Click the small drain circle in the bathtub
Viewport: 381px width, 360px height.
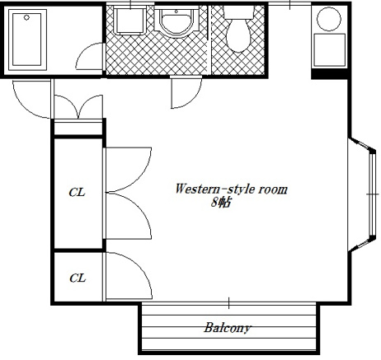[x=26, y=17]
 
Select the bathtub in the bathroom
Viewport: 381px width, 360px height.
[x=27, y=40]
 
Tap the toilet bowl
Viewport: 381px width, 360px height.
[x=238, y=35]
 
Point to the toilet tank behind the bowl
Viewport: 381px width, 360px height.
[x=238, y=12]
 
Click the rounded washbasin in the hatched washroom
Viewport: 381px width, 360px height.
[x=176, y=22]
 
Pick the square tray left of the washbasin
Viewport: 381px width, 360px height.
[x=129, y=21]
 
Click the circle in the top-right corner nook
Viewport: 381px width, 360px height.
[x=329, y=19]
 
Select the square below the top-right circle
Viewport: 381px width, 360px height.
[x=329, y=49]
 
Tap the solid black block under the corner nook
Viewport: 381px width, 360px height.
[x=330, y=74]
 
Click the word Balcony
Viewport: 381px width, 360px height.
[x=227, y=328]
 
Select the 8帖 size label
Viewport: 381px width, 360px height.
[x=220, y=203]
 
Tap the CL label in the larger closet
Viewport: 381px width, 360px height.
[x=77, y=192]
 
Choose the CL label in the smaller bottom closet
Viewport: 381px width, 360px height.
[x=78, y=278]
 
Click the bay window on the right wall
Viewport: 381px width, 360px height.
[x=362, y=194]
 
